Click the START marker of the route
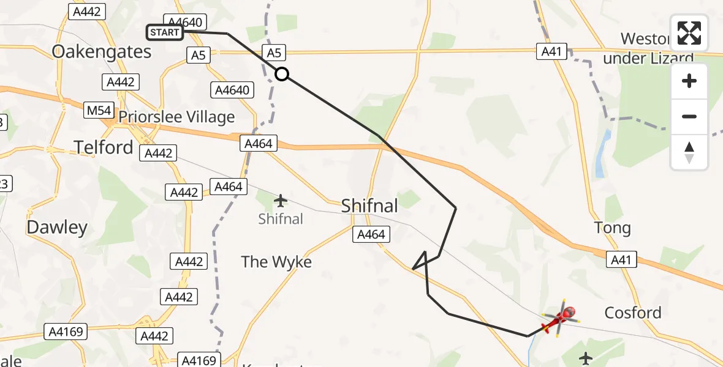(165, 32)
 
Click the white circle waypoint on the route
(281, 74)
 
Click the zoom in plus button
(689, 81)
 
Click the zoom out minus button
(689, 116)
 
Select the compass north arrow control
(689, 152)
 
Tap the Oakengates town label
(102, 51)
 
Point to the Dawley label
(57, 228)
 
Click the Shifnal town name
(369, 206)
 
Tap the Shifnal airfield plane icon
(281, 200)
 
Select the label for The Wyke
(276, 262)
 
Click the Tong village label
(612, 228)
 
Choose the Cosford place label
(633, 313)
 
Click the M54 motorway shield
(99, 111)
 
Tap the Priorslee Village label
(176, 117)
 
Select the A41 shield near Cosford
(621, 260)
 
